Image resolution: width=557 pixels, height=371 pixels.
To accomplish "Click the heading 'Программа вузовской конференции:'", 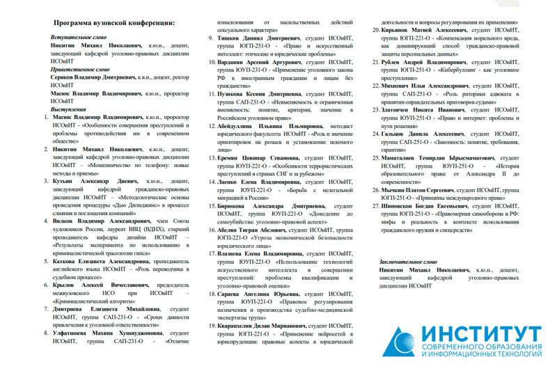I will click(x=113, y=23).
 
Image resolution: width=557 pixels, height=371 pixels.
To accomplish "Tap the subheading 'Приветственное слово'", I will click(x=81, y=70).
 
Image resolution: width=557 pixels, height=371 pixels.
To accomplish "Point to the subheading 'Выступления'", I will click(x=69, y=109).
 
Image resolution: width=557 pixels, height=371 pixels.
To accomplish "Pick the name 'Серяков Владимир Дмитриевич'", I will click(x=93, y=77).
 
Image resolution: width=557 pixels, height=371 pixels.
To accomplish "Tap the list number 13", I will click(x=212, y=158).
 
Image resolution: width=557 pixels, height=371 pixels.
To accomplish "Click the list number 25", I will click(x=375, y=158).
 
